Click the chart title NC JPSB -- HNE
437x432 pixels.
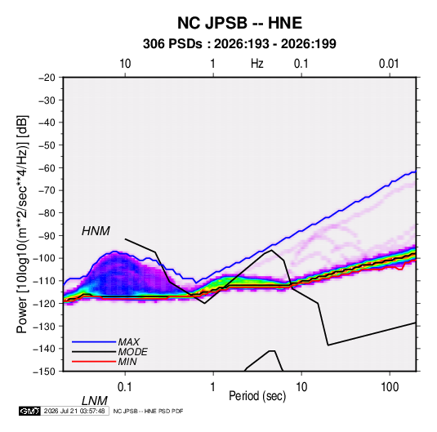[x=239, y=23]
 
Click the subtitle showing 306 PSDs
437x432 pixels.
[x=239, y=44]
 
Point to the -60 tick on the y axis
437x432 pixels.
[x=47, y=167]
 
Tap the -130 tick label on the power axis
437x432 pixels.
[x=45, y=326]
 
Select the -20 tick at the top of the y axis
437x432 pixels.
[x=47, y=78]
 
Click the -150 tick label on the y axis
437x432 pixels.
[x=45, y=372]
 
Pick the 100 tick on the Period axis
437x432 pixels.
[x=390, y=387]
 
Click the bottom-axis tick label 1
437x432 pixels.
[x=213, y=387]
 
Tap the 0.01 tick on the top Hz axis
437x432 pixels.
[x=389, y=64]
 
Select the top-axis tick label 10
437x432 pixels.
[x=125, y=64]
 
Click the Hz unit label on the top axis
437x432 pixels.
[x=257, y=64]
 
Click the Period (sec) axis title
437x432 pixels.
[x=257, y=396]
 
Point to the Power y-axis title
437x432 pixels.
[x=22, y=225]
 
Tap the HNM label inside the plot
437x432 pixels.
[x=96, y=231]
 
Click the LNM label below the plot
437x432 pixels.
[x=95, y=401]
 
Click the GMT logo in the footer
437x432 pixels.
[x=29, y=411]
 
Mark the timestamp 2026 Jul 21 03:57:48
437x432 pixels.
[x=74, y=411]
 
